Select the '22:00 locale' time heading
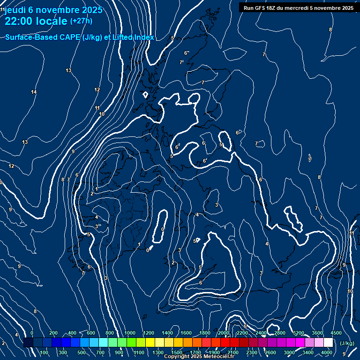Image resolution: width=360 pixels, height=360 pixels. [x=36, y=21]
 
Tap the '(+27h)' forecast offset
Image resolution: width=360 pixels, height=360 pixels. [x=81, y=21]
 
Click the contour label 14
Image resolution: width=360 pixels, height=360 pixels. [x=34, y=92]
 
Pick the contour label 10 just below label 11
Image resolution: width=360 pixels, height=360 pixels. [x=102, y=114]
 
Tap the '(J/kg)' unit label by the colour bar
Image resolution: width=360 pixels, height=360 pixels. [x=346, y=343]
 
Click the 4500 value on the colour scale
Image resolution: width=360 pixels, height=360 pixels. [x=336, y=333]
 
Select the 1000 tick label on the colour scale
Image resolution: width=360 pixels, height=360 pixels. [x=130, y=333]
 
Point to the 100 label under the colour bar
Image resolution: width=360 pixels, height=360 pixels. [x=45, y=352]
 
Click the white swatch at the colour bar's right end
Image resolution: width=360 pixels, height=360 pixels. [x=328, y=343]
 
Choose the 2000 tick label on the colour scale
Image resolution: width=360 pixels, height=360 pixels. [x=224, y=333]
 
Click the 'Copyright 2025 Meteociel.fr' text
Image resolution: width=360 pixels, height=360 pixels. [x=199, y=357]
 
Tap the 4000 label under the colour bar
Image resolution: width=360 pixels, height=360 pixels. [x=327, y=352]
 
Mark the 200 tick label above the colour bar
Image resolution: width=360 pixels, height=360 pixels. [x=53, y=333]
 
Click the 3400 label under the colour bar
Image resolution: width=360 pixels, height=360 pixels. [x=308, y=352]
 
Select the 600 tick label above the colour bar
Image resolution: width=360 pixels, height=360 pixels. [x=90, y=333]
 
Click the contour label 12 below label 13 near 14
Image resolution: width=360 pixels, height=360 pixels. [x=97, y=90]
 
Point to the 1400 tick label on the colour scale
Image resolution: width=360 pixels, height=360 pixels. [x=167, y=333]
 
